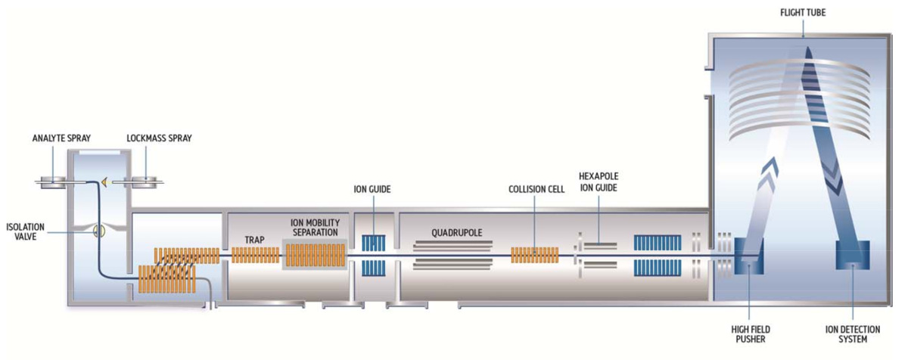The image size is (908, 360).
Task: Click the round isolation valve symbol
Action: [x=98, y=231]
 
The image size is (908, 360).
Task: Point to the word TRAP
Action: [x=255, y=240]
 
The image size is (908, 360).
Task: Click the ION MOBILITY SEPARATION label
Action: [x=315, y=226]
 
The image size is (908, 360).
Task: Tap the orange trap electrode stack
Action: [x=255, y=255]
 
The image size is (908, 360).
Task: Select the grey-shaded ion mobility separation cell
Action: [x=315, y=254]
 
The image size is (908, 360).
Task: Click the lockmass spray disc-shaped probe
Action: [x=143, y=182]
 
